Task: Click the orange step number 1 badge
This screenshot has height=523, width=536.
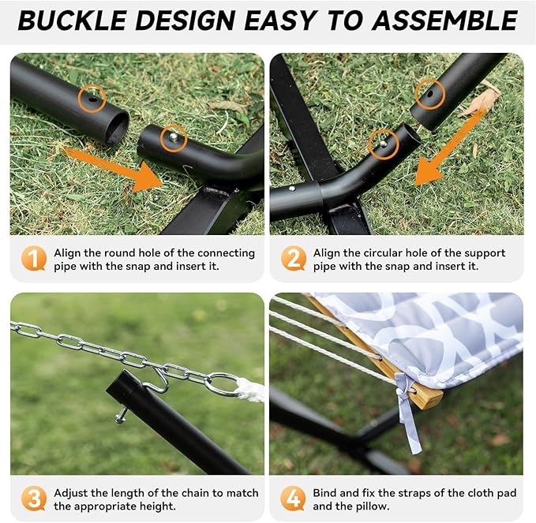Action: (x=33, y=259)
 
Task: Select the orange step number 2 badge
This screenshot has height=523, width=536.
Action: (x=294, y=259)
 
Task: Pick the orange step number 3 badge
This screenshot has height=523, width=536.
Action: (x=33, y=499)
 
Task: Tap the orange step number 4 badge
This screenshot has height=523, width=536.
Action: (x=294, y=499)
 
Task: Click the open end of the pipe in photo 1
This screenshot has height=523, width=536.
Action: (x=116, y=126)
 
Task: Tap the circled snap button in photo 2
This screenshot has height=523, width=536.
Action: (x=383, y=143)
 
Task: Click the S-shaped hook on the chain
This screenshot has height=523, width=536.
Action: (x=159, y=378)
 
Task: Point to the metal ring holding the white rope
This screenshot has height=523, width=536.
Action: (x=223, y=384)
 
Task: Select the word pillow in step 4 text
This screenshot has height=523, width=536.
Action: (x=365, y=506)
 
